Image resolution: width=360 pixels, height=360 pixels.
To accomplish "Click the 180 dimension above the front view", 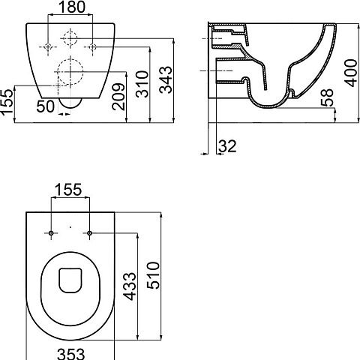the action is (71, 7).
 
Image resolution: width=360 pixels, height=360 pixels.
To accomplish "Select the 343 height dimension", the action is (166, 80).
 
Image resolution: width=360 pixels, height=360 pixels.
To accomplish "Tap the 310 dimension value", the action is (142, 84).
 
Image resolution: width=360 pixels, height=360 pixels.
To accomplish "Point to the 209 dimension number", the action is (118, 97).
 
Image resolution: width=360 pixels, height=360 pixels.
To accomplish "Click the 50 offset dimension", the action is (45, 106).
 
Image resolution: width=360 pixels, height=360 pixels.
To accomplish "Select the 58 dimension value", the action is (327, 97).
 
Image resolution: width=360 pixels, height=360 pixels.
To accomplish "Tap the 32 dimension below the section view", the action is (227, 146).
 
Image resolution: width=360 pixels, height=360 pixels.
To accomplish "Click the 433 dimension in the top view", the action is (130, 286).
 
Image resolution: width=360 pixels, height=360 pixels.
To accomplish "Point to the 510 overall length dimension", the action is (153, 275).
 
